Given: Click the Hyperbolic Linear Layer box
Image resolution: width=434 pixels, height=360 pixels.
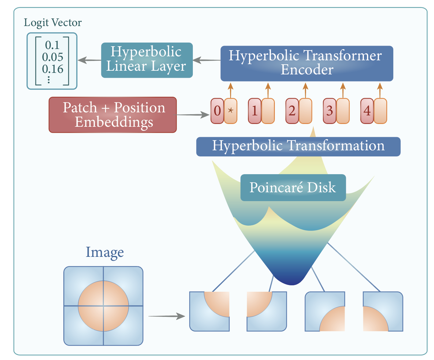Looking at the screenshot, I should click(x=147, y=60).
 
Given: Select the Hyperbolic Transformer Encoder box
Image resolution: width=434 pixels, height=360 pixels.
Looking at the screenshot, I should click(x=307, y=63).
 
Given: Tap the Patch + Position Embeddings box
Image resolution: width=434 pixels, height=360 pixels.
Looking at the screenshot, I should click(x=113, y=115).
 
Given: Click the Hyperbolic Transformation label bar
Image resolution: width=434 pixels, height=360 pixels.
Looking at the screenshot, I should click(x=298, y=146).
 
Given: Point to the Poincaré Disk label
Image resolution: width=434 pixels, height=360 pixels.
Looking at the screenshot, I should click(x=293, y=188).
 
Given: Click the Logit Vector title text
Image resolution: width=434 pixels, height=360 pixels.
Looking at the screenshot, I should click(x=53, y=23).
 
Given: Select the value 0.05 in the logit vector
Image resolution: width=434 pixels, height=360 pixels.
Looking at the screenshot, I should click(x=53, y=57).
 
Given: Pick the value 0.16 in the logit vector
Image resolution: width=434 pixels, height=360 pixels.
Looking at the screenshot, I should click(x=53, y=69).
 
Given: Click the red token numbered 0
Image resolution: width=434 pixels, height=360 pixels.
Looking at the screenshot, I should click(x=217, y=111).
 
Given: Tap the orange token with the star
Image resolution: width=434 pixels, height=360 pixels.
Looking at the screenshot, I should click(x=230, y=111).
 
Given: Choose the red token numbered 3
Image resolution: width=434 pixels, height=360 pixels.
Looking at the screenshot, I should click(x=330, y=111).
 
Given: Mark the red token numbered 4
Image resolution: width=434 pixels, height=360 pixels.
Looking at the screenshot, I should click(x=367, y=111).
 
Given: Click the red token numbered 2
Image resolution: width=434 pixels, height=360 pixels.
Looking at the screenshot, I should click(x=292, y=111).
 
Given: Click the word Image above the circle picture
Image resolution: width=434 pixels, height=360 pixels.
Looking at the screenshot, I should click(x=105, y=252).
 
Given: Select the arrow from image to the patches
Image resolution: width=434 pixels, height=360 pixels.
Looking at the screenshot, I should click(x=167, y=316).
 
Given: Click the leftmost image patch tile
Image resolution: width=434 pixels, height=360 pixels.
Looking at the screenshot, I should click(x=209, y=311).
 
